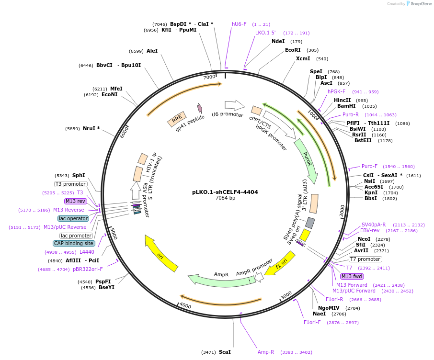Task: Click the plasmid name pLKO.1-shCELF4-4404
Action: point(225,192)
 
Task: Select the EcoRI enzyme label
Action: point(293,50)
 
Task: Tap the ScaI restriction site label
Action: point(225,352)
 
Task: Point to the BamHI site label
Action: point(346,106)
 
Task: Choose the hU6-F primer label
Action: point(239,24)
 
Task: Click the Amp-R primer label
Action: point(266,352)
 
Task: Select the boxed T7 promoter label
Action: point(365,259)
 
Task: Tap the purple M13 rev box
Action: point(76,201)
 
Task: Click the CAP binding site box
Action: point(74,243)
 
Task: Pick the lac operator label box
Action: point(73,218)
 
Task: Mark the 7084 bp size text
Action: point(225,198)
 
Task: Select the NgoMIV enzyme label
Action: point(329,308)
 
